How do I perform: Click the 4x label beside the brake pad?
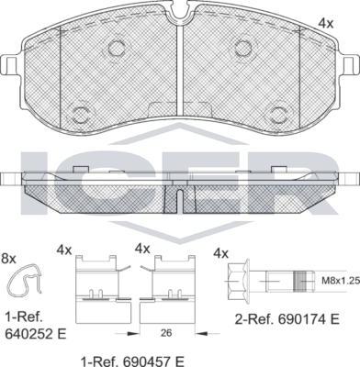click(x=325, y=23)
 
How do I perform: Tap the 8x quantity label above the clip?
click(x=8, y=260)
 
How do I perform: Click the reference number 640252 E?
click(x=36, y=333)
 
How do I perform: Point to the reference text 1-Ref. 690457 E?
click(x=132, y=361)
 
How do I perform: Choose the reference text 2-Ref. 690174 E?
click(x=287, y=320)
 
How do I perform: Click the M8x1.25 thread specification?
click(x=338, y=281)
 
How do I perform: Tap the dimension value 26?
click(x=166, y=333)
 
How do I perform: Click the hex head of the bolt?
click(x=239, y=280)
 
